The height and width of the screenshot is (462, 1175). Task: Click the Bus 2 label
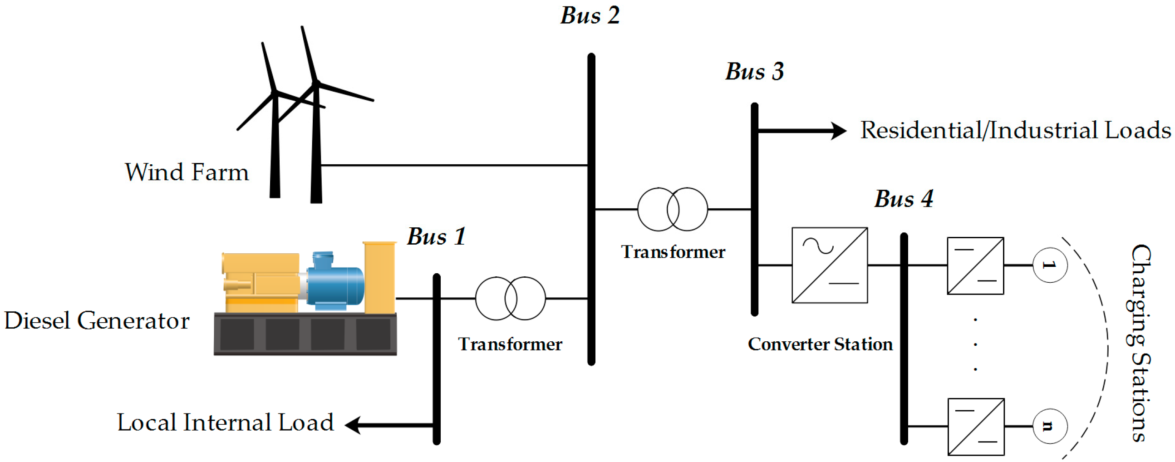590,16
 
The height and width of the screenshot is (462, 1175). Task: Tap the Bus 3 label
755,72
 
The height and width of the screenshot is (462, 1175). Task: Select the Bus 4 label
904,199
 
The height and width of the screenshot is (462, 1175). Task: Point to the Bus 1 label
437,236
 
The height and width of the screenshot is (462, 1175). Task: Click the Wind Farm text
187,172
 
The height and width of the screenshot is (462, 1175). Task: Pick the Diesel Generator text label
97,320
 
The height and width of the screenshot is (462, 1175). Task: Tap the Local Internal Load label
225,423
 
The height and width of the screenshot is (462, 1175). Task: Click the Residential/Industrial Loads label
1015,130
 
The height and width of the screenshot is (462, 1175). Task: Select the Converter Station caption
820,344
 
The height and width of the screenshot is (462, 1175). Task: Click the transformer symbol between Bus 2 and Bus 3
672,209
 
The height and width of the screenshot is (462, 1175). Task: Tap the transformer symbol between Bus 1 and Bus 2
511,298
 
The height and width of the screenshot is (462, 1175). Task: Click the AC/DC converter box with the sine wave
830,265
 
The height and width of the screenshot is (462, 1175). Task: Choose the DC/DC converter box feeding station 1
975,265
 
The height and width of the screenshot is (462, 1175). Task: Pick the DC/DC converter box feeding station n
976,427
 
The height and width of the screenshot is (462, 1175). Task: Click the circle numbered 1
1050,265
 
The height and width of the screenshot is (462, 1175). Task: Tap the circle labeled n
1050,426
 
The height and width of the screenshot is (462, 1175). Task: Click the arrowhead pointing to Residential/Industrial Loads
838,131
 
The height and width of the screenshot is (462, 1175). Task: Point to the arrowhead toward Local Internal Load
353,425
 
